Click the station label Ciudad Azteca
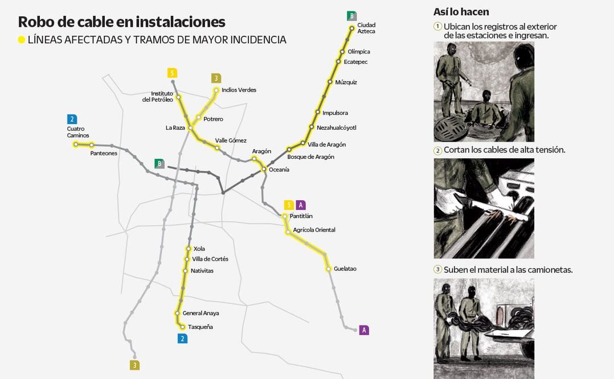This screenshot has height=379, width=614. [366, 28]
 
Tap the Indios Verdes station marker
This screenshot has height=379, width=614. [216, 90]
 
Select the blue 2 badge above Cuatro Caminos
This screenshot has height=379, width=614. [72, 119]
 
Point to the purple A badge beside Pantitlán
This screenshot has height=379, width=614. [301, 205]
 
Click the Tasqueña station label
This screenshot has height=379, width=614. [200, 327]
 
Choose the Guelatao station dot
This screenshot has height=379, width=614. [328, 269]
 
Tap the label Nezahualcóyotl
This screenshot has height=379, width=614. [336, 127]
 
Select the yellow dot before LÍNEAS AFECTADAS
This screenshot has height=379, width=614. [22, 40]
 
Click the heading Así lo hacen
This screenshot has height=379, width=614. [461, 12]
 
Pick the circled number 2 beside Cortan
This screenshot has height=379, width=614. [437, 150]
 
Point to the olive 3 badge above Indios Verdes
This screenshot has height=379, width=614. [216, 78]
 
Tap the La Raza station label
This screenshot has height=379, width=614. [175, 128]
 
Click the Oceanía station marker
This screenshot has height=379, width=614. [264, 170]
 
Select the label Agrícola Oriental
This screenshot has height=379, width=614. [314, 230]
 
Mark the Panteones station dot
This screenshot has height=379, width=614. [91, 145]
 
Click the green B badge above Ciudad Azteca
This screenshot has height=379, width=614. [351, 15]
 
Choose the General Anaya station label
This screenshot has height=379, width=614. [200, 314]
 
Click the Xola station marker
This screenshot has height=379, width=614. [189, 249]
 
